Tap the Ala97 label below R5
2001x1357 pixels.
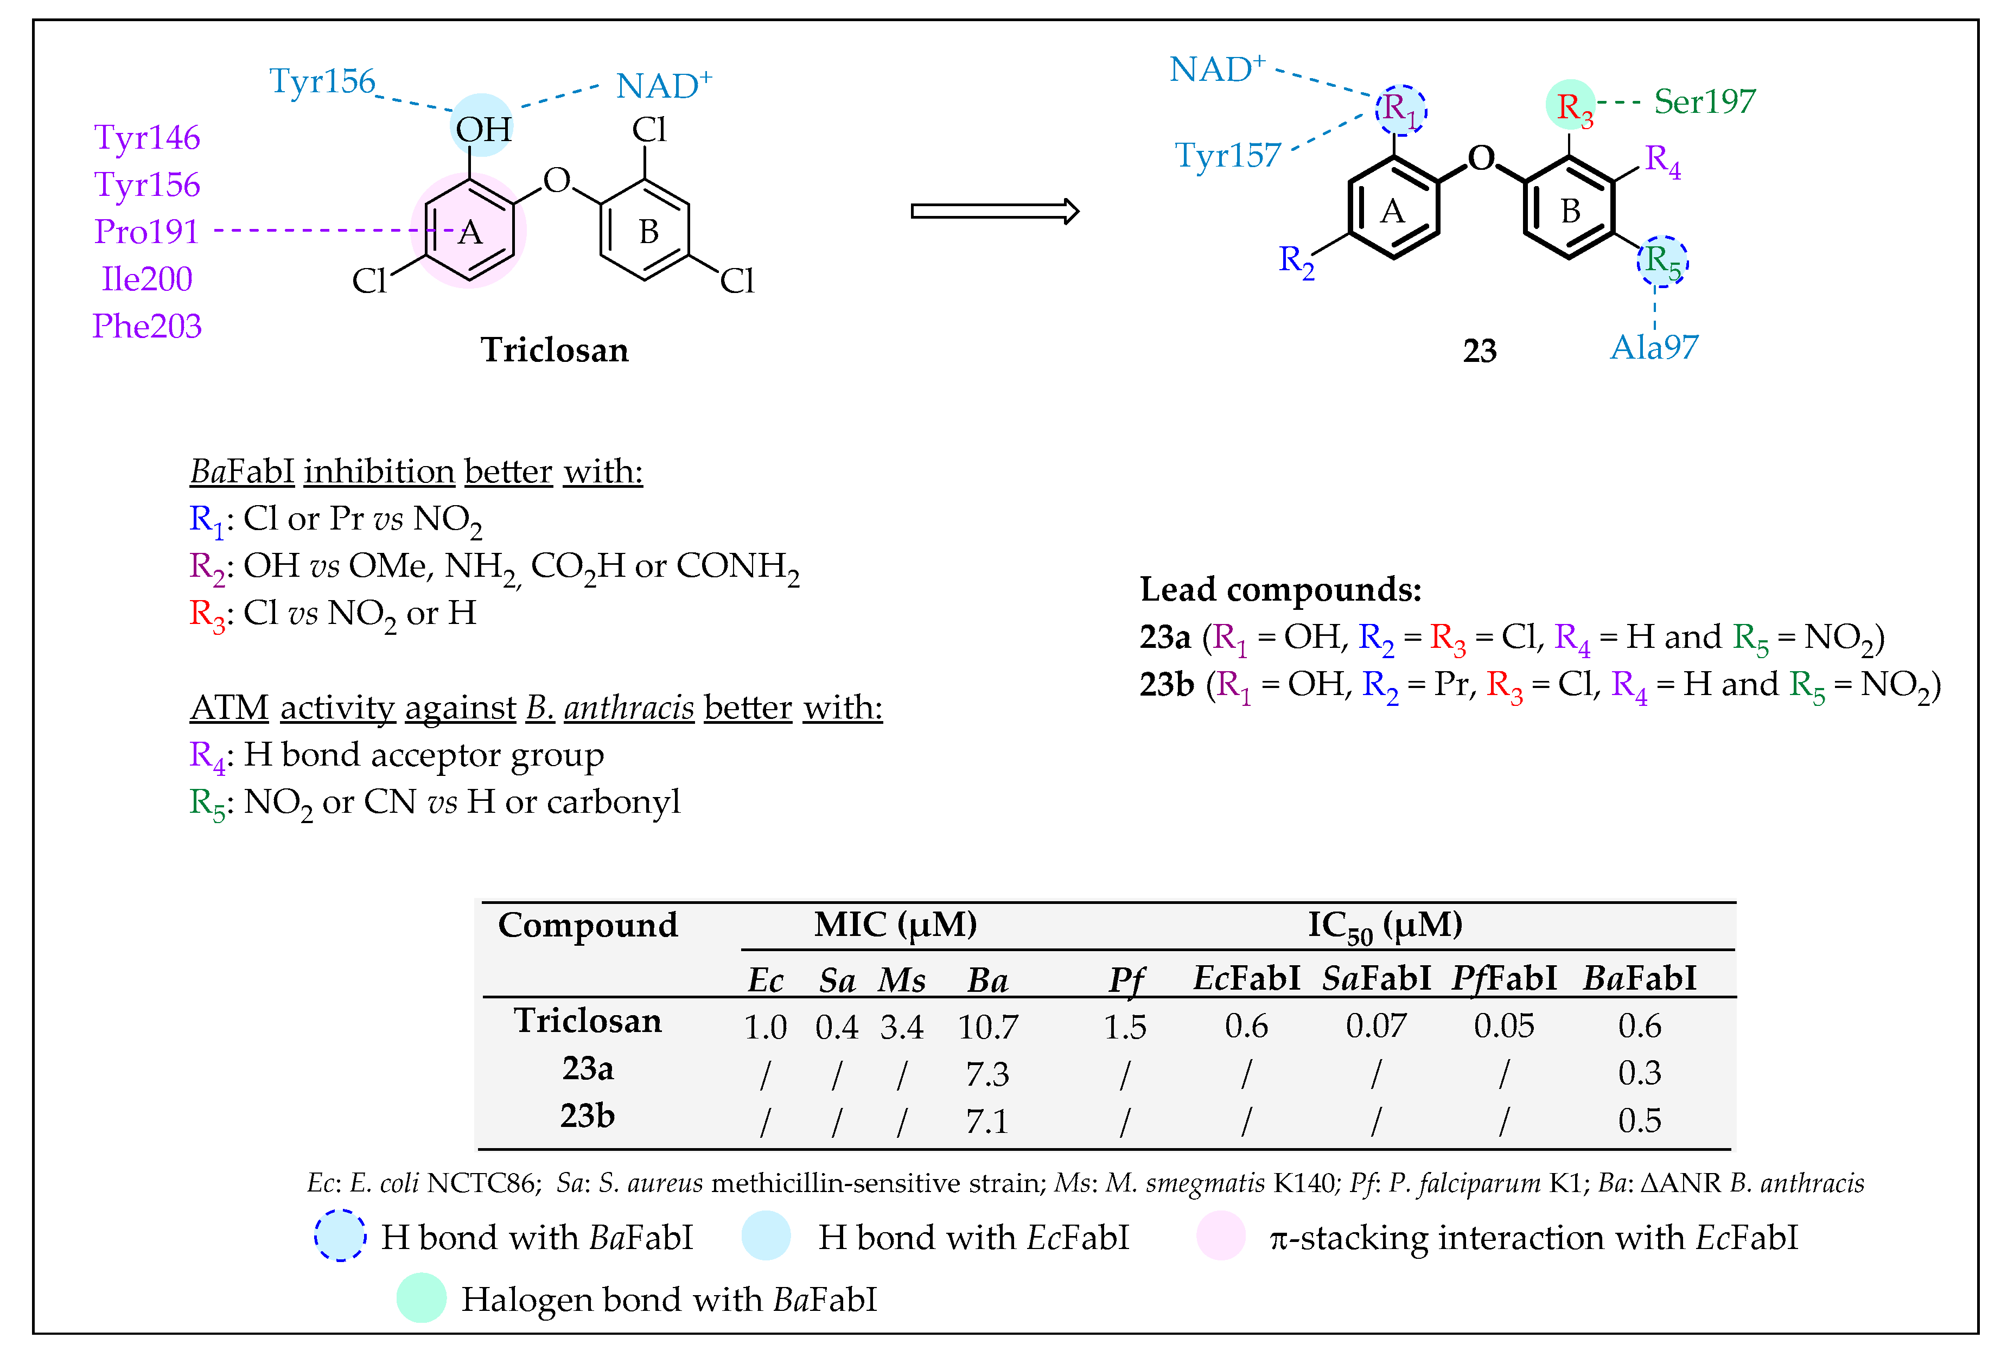[1653, 347]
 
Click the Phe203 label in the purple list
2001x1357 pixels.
[146, 326]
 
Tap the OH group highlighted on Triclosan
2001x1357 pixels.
[482, 129]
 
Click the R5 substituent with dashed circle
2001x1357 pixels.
[1662, 261]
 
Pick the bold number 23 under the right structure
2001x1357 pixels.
[1479, 351]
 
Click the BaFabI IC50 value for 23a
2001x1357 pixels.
[1639, 1073]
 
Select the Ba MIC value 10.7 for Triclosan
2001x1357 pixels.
[987, 1027]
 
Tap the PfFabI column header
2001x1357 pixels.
[1503, 979]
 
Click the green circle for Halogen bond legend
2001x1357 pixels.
[421, 1298]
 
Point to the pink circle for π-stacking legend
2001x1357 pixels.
[1220, 1235]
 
